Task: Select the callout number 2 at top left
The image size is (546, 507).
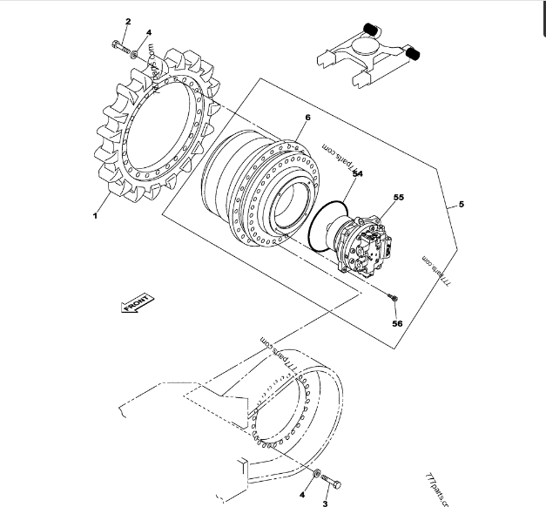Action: click(x=128, y=21)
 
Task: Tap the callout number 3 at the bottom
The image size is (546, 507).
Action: click(x=325, y=503)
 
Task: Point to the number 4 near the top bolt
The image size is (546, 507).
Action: click(x=149, y=33)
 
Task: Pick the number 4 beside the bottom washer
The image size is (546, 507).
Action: click(x=302, y=494)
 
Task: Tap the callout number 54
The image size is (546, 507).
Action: click(x=357, y=173)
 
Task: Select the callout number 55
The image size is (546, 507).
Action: click(x=398, y=199)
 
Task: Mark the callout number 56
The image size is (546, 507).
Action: click(x=397, y=323)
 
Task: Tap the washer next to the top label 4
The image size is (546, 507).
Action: click(x=137, y=55)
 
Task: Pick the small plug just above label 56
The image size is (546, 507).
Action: click(x=393, y=301)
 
